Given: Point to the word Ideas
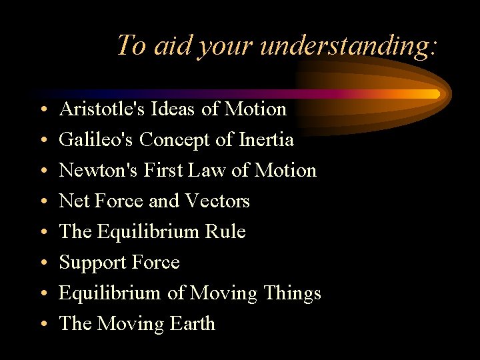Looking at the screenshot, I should pyautogui.click(x=168, y=109).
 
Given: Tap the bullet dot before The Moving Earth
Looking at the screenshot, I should pyautogui.click(x=42, y=325).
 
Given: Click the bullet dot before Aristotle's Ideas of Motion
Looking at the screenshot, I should pyautogui.click(x=42, y=110).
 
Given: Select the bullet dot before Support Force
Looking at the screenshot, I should pyautogui.click(x=42, y=263).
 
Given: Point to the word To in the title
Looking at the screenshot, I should pyautogui.click(x=131, y=45).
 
